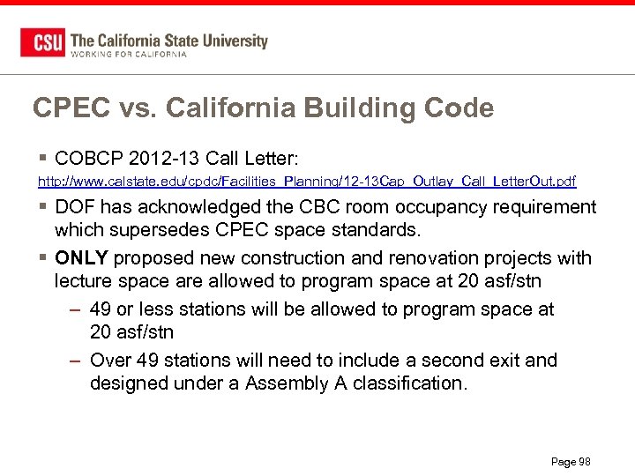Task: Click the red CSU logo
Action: (42, 42)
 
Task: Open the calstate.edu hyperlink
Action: (306, 182)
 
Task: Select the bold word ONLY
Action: (81, 258)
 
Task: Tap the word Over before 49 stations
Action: (109, 361)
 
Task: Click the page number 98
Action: (583, 462)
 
